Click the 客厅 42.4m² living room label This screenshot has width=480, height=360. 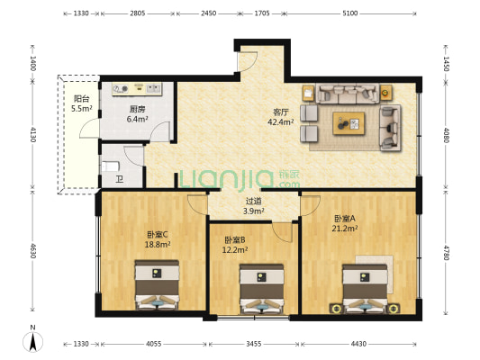[x=281, y=117]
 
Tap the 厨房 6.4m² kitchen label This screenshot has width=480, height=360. [x=137, y=114]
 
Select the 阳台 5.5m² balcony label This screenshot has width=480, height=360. [x=81, y=103]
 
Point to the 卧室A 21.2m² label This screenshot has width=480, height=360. [x=345, y=223]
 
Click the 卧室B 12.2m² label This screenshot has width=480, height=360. [x=235, y=245]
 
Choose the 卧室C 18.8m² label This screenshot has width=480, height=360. [x=158, y=239]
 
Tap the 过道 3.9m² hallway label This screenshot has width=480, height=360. [x=253, y=206]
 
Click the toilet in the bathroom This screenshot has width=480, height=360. [x=110, y=166]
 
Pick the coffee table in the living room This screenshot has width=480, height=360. [x=349, y=123]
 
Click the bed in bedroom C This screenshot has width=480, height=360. [x=157, y=284]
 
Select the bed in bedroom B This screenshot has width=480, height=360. [x=261, y=289]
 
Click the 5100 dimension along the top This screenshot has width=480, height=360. [x=350, y=13]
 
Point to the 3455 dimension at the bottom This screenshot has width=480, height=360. [x=254, y=344]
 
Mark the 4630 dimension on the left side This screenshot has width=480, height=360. [x=32, y=251]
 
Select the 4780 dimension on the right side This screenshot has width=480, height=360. [x=446, y=253]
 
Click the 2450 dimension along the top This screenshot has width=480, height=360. [x=208, y=13]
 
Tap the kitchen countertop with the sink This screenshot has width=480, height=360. [x=137, y=89]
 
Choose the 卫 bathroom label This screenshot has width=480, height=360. [x=120, y=179]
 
